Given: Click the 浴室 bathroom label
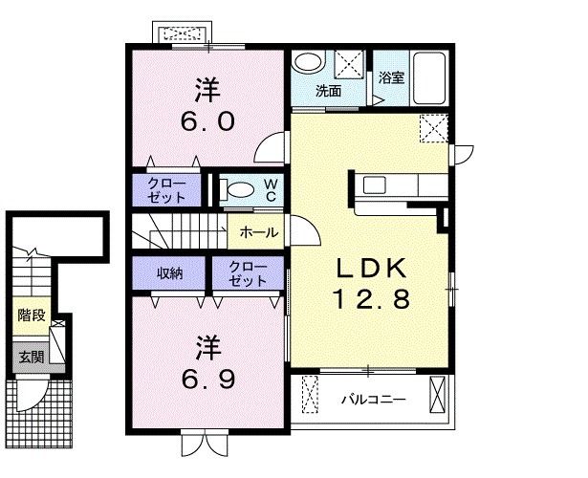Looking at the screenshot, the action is (391, 78).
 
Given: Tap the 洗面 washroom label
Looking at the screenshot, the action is (329, 91).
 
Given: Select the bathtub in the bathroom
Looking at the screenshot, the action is (429, 78).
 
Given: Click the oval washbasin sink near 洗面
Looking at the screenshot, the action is (308, 62).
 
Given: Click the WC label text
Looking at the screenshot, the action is (272, 189).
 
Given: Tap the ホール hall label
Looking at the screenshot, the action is (259, 232).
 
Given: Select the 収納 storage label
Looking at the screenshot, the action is (169, 273).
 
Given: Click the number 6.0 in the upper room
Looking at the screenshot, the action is (208, 121).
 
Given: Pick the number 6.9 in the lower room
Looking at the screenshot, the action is (208, 379).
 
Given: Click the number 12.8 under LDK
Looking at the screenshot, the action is (371, 299).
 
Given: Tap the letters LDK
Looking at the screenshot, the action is (371, 268).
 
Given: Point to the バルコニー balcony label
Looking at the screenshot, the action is (373, 400).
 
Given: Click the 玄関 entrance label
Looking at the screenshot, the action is (32, 358).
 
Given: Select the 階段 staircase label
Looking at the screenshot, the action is (32, 315).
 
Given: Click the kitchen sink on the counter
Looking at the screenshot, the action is (374, 185).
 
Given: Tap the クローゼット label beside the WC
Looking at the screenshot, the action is (166, 190).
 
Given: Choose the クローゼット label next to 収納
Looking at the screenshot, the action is (248, 274).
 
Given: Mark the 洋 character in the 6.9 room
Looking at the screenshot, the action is (208, 348).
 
